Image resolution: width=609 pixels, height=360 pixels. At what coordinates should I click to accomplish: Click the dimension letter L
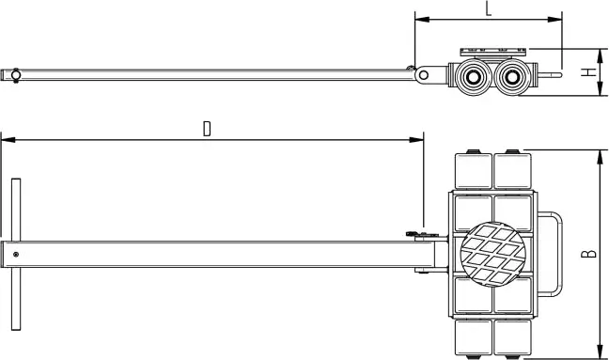tap(488, 8)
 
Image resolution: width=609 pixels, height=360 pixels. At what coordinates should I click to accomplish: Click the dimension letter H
tap(587, 72)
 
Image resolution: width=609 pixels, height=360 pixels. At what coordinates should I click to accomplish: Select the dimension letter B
tap(587, 253)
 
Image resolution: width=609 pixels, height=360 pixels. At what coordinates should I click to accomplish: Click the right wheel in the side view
tap(513, 76)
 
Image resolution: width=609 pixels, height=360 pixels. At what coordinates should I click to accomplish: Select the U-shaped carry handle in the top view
tap(554, 253)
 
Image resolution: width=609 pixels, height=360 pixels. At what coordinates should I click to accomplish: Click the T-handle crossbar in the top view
tap(16, 253)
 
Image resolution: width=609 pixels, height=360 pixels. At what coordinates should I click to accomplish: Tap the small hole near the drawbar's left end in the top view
tap(17, 253)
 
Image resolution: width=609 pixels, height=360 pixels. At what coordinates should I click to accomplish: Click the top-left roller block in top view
tap(473, 170)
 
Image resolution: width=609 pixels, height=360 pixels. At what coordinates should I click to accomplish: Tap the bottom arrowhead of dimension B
tap(599, 352)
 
